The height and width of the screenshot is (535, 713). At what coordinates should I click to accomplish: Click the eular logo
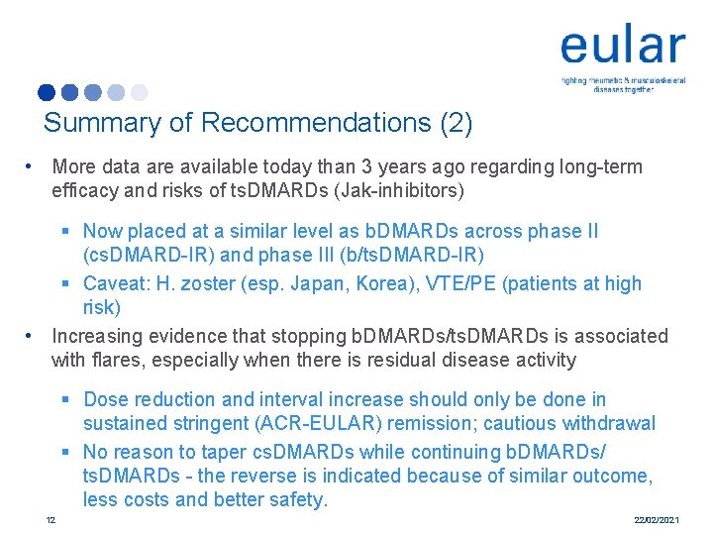[622, 48]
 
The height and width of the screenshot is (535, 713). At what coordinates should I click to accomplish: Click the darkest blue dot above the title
[47, 93]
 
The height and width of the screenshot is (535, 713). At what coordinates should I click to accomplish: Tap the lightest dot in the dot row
[139, 93]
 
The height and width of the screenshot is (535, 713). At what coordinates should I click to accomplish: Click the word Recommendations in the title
[315, 123]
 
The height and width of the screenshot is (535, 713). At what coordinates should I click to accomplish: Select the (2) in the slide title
[456, 123]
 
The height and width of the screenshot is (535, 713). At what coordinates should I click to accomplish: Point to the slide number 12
[51, 520]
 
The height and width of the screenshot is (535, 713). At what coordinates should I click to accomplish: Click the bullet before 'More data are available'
[33, 166]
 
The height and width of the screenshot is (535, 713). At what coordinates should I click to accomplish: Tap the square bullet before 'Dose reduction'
[65, 400]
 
